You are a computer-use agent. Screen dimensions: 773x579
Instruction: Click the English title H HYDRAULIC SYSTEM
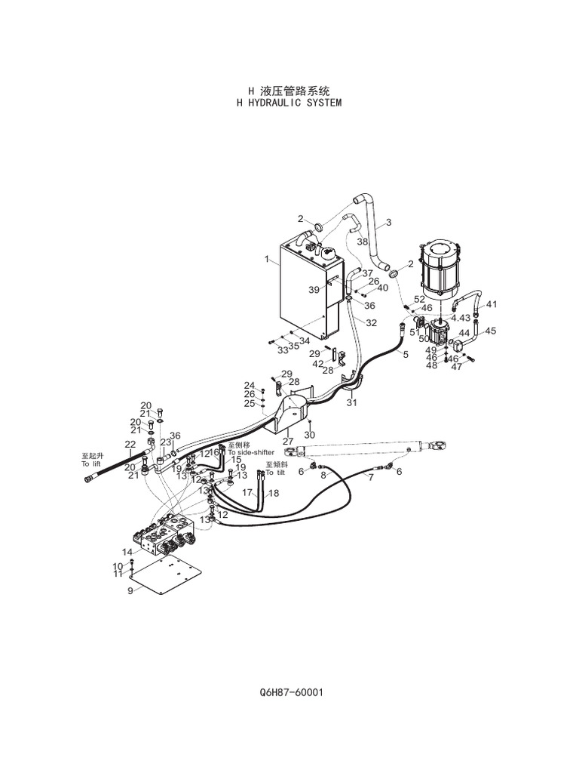pyautogui.click(x=289, y=103)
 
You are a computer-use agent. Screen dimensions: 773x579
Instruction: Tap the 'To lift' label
pyautogui.click(x=91, y=464)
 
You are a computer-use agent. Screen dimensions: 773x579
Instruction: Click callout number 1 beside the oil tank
pyautogui.click(x=267, y=259)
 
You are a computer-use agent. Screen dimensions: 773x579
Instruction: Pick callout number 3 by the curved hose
pyautogui.click(x=389, y=222)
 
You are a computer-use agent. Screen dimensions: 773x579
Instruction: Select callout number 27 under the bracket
pyautogui.click(x=288, y=442)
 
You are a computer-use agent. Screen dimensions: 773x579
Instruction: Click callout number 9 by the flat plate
pyautogui.click(x=130, y=591)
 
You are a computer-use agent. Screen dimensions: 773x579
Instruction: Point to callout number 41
pyautogui.click(x=492, y=304)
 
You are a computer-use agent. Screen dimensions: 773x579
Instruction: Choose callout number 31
pyautogui.click(x=351, y=403)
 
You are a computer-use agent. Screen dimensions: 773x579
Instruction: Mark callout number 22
pyautogui.click(x=130, y=445)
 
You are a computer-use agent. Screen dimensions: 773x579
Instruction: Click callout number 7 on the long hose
pyautogui.click(x=370, y=478)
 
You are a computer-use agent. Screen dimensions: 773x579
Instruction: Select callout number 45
pyautogui.click(x=490, y=331)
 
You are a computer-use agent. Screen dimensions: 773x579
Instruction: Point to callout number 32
pyautogui.click(x=371, y=322)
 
